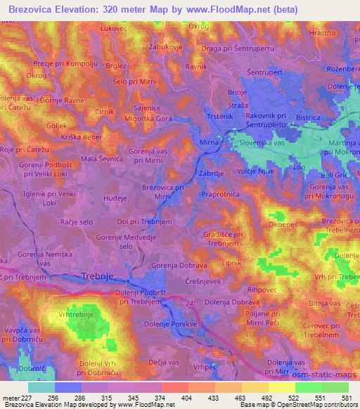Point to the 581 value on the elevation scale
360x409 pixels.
[x=347, y=397]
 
